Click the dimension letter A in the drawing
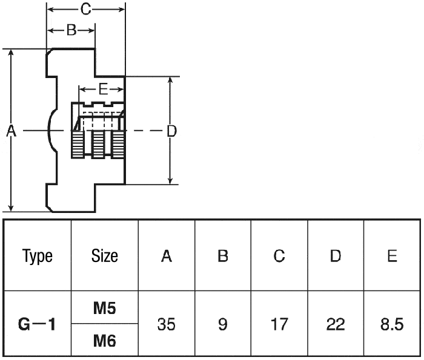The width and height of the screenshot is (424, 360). tap(10, 131)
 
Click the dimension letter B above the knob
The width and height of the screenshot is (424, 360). tap(71, 30)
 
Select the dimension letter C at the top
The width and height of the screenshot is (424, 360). tap(86, 9)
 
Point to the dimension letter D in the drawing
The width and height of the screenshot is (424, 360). tap(171, 131)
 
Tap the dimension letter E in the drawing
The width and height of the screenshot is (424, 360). tap(103, 90)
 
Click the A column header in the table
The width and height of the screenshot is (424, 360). tap(167, 256)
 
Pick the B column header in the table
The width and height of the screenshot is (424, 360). tap(222, 256)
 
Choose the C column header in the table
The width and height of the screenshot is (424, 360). tap(279, 256)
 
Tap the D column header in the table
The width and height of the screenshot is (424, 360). tap(335, 256)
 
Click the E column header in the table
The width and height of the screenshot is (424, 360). tap(392, 256)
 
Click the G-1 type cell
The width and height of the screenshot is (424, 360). tap(38, 325)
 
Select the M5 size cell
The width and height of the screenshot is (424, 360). tap(105, 309)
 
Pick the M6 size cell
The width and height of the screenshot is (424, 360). tap(105, 341)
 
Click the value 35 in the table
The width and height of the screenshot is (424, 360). tap(167, 325)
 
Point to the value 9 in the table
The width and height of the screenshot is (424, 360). tap(222, 325)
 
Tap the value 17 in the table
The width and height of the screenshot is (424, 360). tap(279, 325)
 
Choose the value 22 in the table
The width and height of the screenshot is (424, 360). tap(335, 325)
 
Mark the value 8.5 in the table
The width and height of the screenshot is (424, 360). tap(392, 325)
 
